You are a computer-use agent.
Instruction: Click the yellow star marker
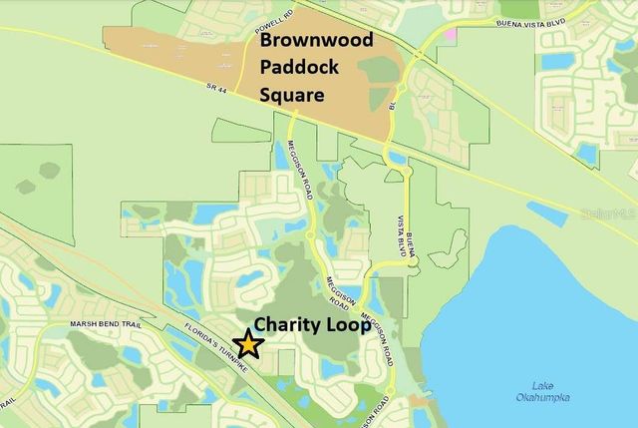[x=248, y=345]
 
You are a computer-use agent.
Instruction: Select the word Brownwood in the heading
[x=317, y=41]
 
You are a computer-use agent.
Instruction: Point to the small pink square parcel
[x=451, y=33]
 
